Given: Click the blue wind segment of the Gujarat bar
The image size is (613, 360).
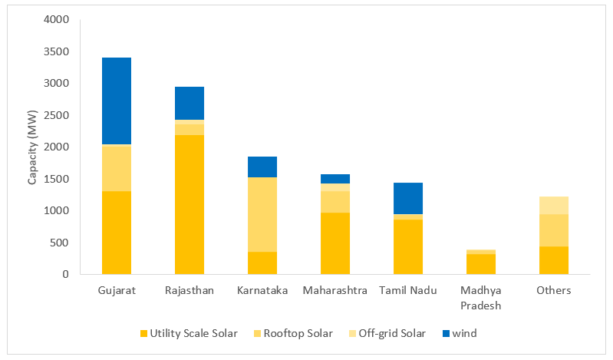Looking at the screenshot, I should pyautogui.click(x=117, y=101).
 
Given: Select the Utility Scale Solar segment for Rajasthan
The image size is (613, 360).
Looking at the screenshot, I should pyautogui.click(x=190, y=204).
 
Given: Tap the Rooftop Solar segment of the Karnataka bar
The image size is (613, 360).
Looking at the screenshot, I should pyautogui.click(x=262, y=215).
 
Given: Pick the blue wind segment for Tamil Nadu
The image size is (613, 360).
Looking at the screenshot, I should pyautogui.click(x=408, y=198).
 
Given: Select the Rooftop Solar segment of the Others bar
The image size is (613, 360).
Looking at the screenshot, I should pyautogui.click(x=554, y=230).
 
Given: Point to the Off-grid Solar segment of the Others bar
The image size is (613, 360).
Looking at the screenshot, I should pyautogui.click(x=554, y=205).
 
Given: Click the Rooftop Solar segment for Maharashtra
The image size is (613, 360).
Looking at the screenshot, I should pyautogui.click(x=335, y=202).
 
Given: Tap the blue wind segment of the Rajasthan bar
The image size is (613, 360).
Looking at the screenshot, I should pyautogui.click(x=190, y=103).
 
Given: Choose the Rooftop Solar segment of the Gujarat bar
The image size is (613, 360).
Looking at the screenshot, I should pyautogui.click(x=117, y=168).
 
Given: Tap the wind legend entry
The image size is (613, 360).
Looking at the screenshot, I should pyautogui.click(x=461, y=333).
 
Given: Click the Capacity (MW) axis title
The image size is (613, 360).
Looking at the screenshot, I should pyautogui.click(x=33, y=147).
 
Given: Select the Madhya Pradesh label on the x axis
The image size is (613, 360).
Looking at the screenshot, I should pyautogui.click(x=481, y=297).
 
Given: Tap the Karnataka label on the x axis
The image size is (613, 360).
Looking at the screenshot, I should pyautogui.click(x=262, y=291).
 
